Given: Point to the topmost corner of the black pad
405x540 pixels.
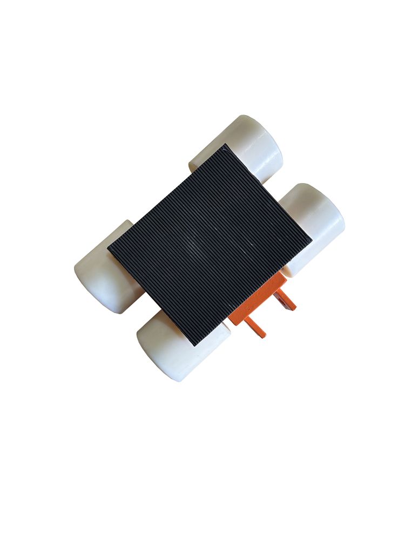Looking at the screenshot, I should [x=226, y=145].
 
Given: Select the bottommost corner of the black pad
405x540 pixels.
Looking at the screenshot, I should [x=194, y=345].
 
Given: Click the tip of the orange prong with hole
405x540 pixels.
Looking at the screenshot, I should [x=293, y=307].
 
